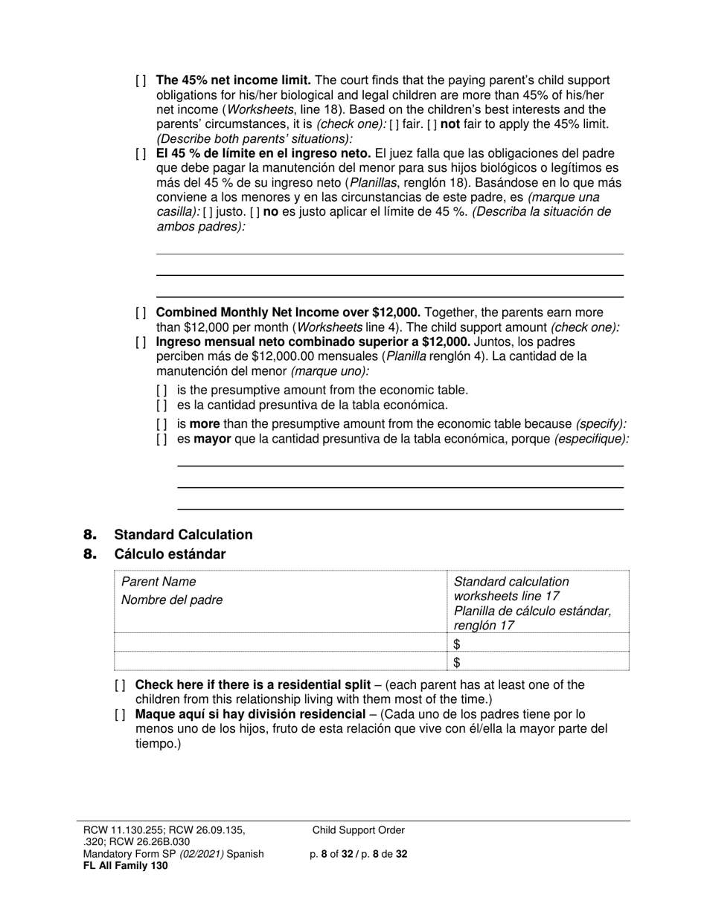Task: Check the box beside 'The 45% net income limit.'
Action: point(141,80)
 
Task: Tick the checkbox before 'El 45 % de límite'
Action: point(141,154)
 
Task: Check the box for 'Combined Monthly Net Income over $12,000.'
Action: point(141,313)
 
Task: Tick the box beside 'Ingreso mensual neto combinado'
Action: point(141,342)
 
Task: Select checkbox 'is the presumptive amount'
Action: point(162,391)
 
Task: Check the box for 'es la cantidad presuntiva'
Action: point(162,405)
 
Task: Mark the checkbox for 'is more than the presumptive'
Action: point(162,424)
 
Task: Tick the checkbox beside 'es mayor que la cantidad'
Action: point(162,439)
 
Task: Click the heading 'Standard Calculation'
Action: point(183,535)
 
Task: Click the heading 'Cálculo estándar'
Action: point(170,554)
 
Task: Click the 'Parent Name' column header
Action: point(159,582)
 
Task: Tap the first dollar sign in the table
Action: point(457,644)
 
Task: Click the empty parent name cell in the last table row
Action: point(279,662)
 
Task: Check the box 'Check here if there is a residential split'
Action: point(121,685)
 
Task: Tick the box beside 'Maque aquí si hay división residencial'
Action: point(121,715)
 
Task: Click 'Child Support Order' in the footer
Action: point(359,830)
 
